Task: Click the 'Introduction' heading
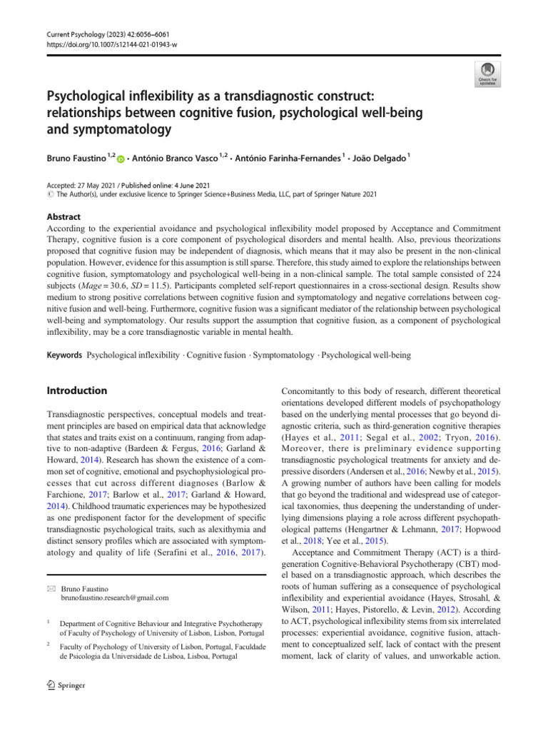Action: pos(76,390)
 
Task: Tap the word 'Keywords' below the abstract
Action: pos(65,355)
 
